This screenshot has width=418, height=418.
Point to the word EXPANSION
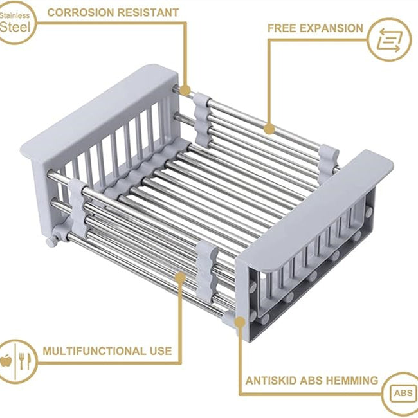coord(332,28)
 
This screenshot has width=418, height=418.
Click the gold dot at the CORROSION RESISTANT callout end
coord(186,90)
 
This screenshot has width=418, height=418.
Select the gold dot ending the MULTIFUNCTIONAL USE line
coord(181,277)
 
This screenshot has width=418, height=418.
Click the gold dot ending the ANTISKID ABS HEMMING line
coord(240,320)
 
